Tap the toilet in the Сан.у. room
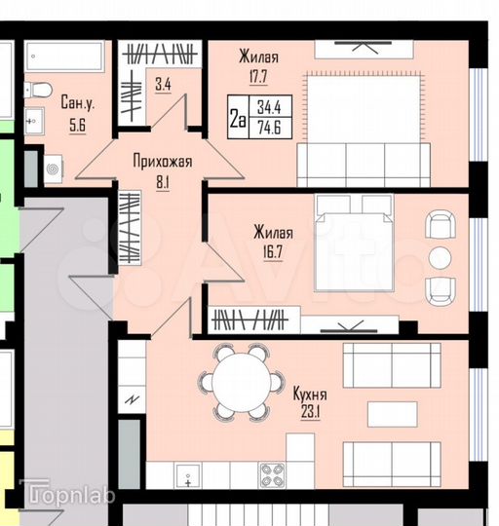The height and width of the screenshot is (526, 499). click(x=38, y=91)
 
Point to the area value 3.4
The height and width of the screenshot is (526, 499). click(x=163, y=85)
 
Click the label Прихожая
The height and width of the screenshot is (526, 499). click(x=163, y=162)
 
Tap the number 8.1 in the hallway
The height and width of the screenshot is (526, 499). click(x=163, y=180)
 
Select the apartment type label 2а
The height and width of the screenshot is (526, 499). click(x=236, y=119)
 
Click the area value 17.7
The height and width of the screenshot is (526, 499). click(x=258, y=75)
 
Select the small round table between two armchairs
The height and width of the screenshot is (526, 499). click(x=441, y=257)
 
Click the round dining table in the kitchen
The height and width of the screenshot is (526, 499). click(x=242, y=382)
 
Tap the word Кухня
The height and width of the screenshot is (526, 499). click(x=309, y=394)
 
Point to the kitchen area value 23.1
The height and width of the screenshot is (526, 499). click(x=309, y=413)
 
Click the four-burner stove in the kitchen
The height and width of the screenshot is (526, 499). click(x=270, y=474)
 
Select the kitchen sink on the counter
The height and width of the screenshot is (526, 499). click(x=187, y=476)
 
